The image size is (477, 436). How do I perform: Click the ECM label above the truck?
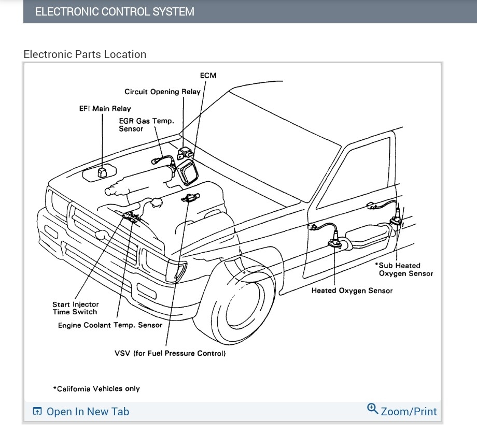[208, 76]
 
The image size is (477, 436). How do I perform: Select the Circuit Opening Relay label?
[162, 92]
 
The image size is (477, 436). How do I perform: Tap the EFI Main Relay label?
[105, 109]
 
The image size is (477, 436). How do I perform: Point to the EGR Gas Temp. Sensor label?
[146, 125]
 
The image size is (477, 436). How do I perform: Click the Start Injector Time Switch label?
[75, 308]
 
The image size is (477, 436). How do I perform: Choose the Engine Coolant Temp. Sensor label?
[110, 325]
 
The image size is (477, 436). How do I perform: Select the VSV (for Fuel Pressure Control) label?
[170, 353]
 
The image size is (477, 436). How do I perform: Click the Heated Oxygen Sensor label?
[352, 290]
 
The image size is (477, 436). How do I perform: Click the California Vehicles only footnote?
[96, 388]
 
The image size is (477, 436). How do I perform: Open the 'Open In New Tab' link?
[88, 412]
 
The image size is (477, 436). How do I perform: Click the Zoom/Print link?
[409, 412]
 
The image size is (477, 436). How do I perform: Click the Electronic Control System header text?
[115, 11]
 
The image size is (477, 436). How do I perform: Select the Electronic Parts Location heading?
[85, 54]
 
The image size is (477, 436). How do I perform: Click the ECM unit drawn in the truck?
[188, 171]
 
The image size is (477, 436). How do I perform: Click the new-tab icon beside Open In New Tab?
[37, 412]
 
